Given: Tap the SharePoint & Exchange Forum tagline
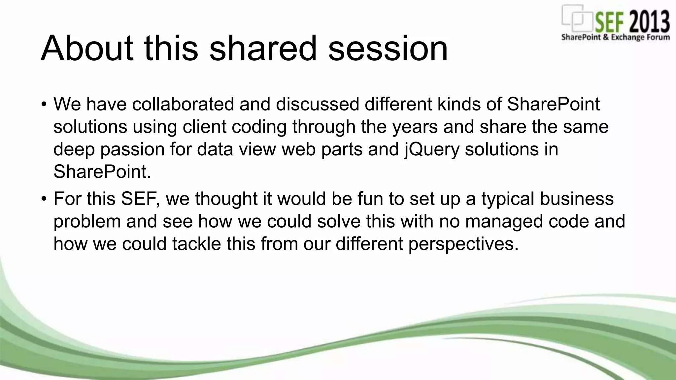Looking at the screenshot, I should point(615,37).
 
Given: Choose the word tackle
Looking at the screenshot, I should point(196,244).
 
